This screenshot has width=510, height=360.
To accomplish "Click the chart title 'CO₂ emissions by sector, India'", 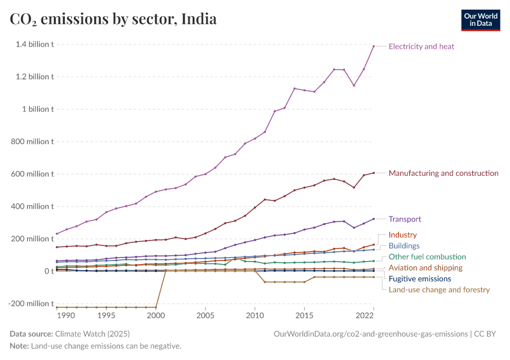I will (113, 19).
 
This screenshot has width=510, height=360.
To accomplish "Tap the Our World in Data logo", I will (480, 20).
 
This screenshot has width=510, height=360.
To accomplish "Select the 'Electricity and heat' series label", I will (421, 46).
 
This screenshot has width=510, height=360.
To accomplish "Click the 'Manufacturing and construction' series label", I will (443, 173).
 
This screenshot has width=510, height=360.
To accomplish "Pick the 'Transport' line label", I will (405, 219).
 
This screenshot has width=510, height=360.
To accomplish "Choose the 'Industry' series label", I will (403, 235).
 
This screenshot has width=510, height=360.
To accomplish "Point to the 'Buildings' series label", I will (404, 245).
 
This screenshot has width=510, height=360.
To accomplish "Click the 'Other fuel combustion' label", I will (427, 257).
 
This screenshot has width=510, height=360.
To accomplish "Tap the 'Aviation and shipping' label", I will (425, 268).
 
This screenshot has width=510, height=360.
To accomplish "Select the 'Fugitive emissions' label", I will (420, 278).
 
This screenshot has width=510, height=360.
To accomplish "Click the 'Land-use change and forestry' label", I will (439, 290).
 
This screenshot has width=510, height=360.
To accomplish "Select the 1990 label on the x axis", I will (66, 315).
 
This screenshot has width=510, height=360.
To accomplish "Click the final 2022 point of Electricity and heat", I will (374, 46).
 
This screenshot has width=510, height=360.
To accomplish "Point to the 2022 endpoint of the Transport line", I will (374, 219).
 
